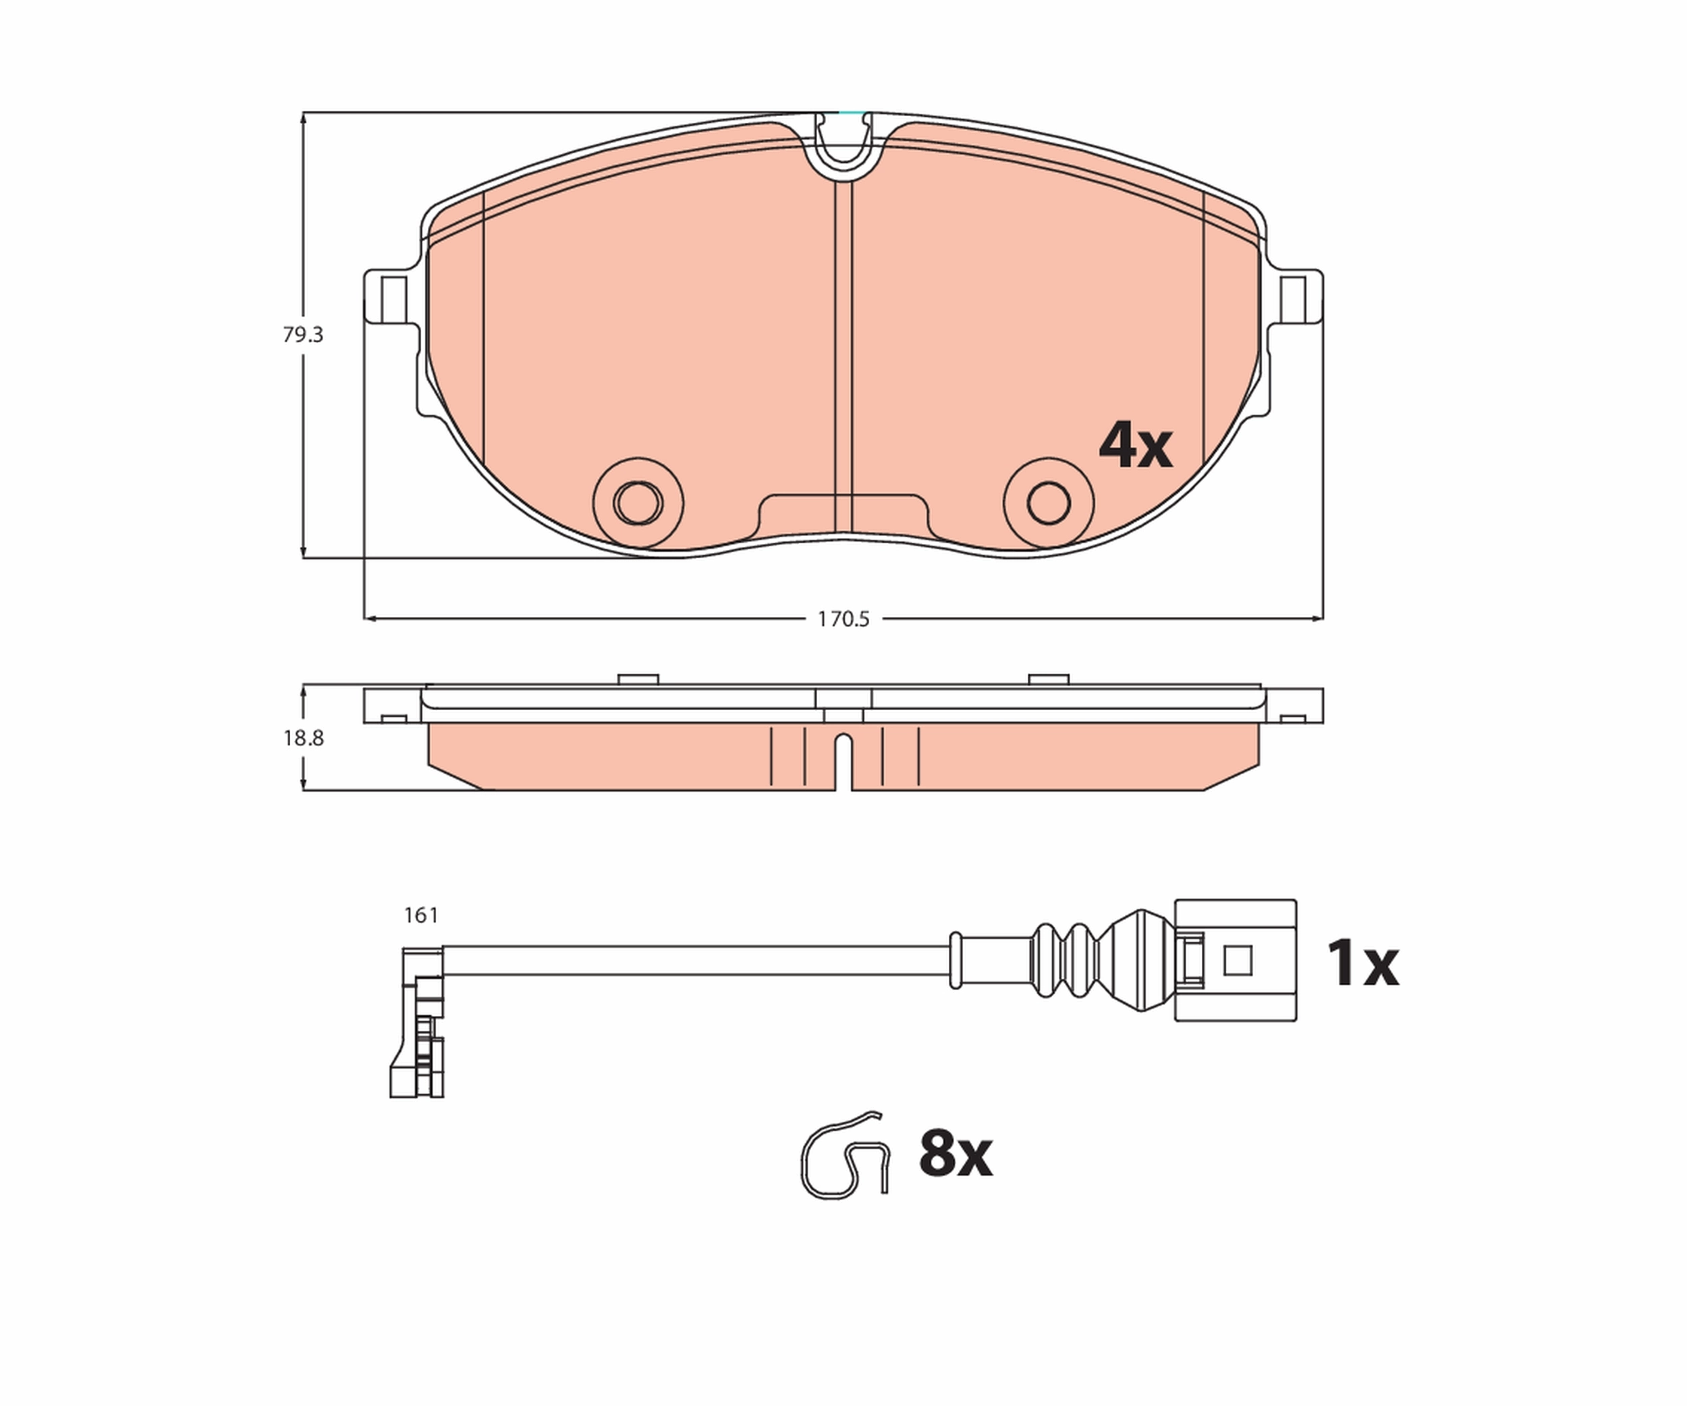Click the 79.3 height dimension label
303,335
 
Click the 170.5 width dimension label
843,620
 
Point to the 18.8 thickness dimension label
303,738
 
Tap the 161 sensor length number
421,915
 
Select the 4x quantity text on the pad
1135,446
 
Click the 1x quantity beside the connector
1362,963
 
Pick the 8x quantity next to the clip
955,1154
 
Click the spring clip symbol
843,1157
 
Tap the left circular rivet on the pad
638,504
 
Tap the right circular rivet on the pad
1049,504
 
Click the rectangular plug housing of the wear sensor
1236,960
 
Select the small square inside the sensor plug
1238,960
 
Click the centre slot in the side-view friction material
843,759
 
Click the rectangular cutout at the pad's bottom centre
843,514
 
